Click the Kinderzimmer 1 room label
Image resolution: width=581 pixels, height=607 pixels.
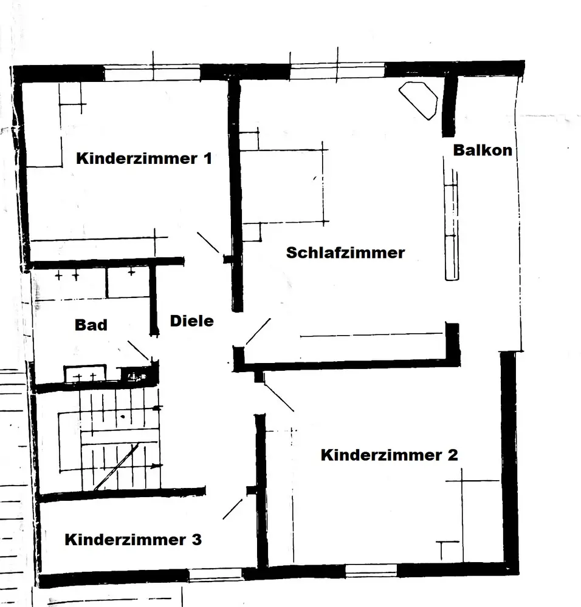144,159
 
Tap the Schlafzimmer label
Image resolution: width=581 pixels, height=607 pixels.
345,253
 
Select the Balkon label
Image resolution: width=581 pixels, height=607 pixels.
483,151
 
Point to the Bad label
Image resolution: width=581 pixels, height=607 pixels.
91,325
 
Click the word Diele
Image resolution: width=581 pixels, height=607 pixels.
192,320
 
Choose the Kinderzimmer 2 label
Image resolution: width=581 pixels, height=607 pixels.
389,455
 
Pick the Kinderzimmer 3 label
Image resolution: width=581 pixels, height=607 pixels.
133,539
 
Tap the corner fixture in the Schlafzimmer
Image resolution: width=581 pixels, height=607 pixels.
419,99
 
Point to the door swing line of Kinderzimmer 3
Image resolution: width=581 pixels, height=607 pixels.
232,509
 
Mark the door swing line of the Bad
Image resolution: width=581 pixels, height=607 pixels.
138,351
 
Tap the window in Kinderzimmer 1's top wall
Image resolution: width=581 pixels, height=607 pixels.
152,74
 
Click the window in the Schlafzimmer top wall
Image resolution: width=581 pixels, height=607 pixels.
337,72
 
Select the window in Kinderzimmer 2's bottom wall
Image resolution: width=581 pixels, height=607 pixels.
371,571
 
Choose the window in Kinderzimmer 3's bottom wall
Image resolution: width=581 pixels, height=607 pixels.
216,574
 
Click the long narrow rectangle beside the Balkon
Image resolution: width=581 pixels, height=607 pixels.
452,231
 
